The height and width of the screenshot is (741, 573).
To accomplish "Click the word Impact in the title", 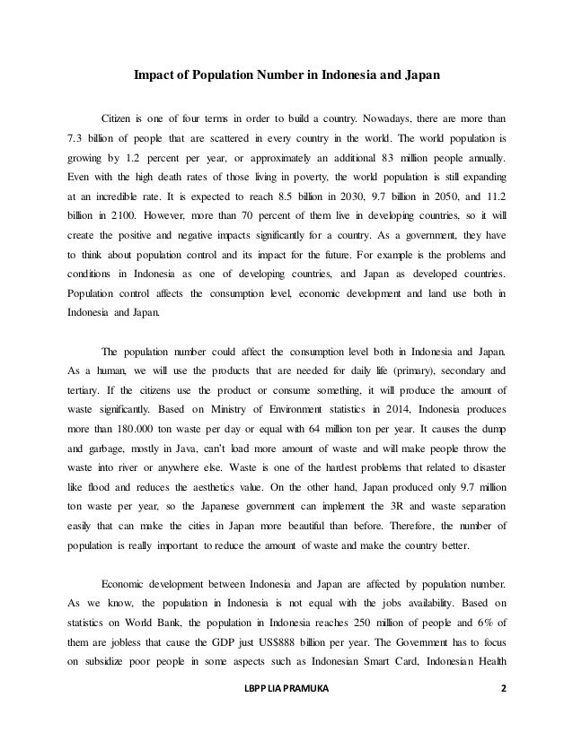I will coord(154,74).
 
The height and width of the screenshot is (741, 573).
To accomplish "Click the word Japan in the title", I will coord(419,74).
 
